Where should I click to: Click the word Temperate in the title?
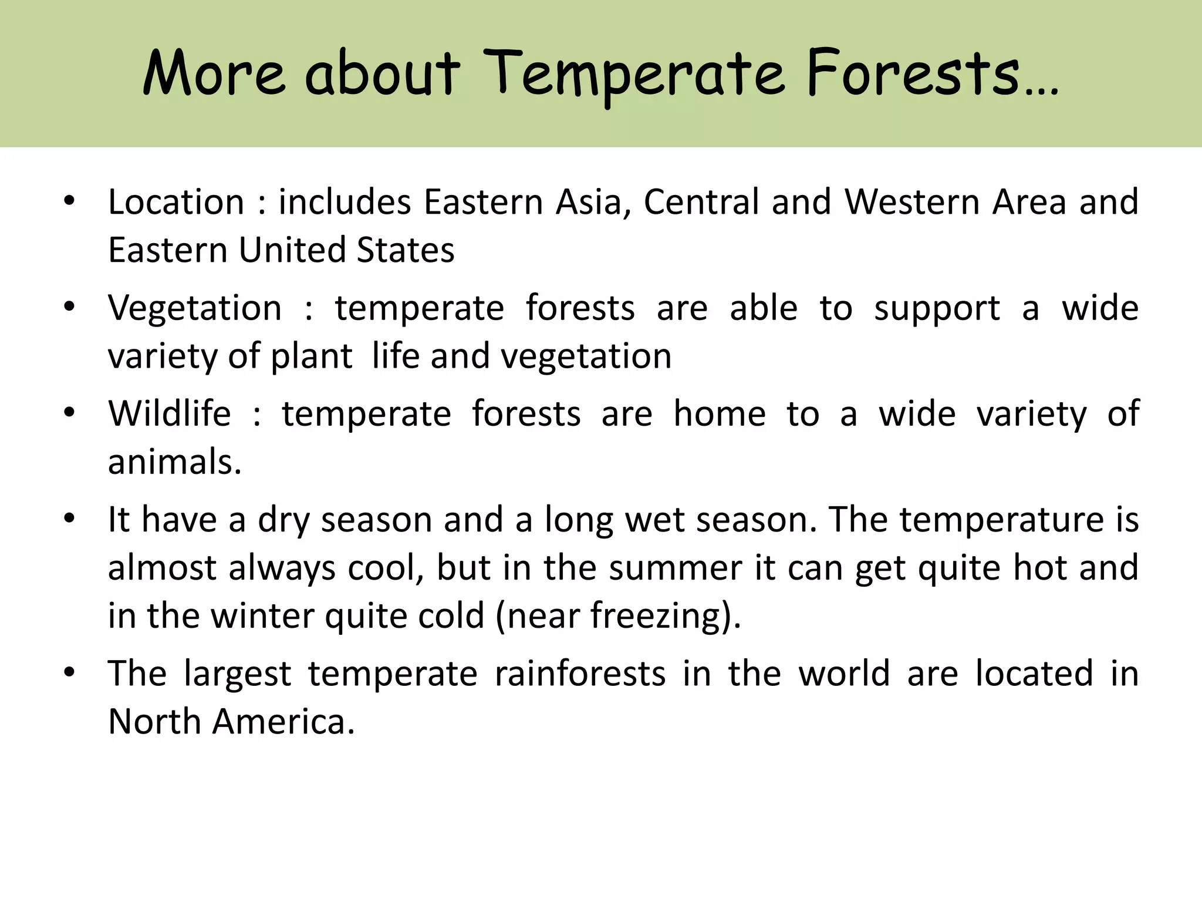tap(636, 74)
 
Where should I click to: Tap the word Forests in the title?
tap(913, 74)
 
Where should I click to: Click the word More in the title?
tap(214, 74)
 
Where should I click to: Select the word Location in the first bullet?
tap(176, 202)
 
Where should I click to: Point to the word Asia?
tap(593, 202)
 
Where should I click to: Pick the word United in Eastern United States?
tap(291, 250)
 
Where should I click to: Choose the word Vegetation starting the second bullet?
tap(195, 309)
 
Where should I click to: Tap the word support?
tap(937, 308)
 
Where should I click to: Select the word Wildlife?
tap(170, 413)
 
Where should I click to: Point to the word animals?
tap(174, 462)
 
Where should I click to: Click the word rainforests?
tap(580, 674)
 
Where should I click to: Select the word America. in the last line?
tap(283, 722)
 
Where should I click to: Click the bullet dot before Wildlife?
tap(70, 413)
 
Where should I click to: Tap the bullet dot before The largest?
tap(70, 674)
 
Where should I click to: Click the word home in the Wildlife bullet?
tap(719, 413)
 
